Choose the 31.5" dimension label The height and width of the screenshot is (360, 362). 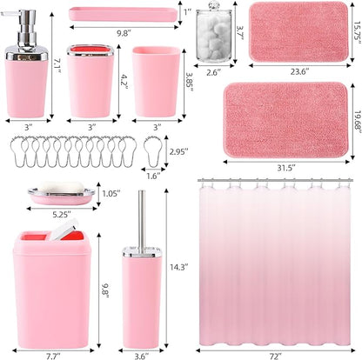294,167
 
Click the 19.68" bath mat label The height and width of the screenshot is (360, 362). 352,117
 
